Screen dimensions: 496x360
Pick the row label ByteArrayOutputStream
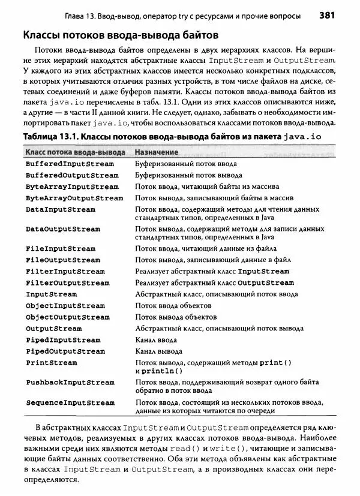74,198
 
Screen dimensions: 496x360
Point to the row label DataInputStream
61,209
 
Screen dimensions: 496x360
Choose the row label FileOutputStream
63,260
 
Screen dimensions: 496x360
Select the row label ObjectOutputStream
67,317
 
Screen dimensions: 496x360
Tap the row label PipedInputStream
63,340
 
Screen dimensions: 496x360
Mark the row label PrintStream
51,363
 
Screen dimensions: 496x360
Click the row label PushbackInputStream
70,382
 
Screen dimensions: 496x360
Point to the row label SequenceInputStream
70,402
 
